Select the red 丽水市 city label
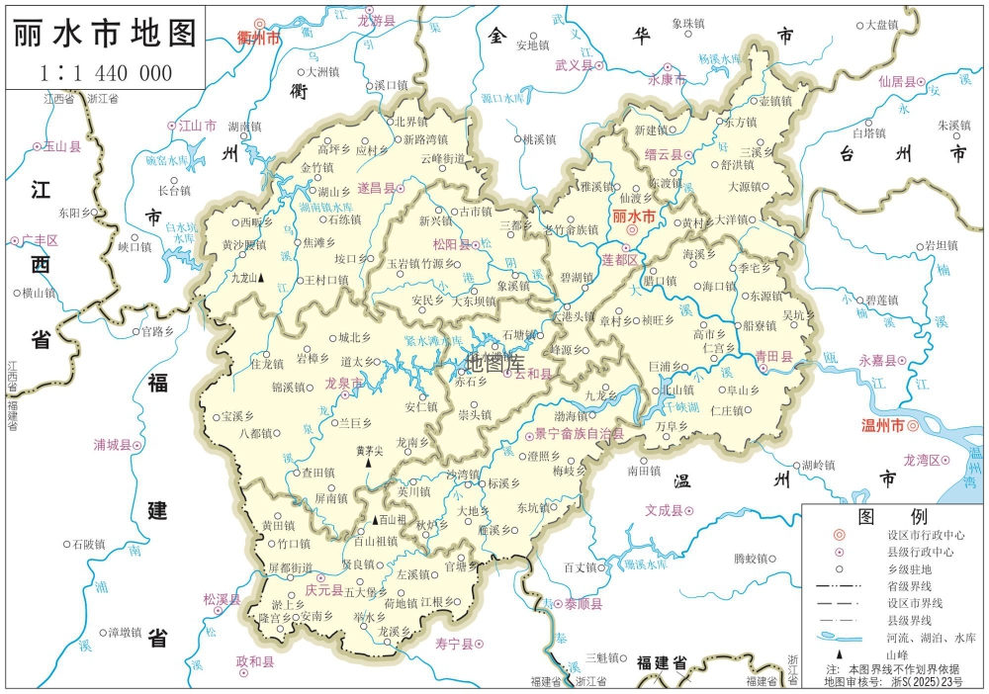coord(634,216)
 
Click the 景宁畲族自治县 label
coord(579,433)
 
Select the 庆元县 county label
coord(323,590)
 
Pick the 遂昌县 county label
coord(376,187)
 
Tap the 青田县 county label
coord(774,355)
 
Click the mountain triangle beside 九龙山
coord(261,279)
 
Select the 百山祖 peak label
coord(394,519)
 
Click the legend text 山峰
coord(896,654)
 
